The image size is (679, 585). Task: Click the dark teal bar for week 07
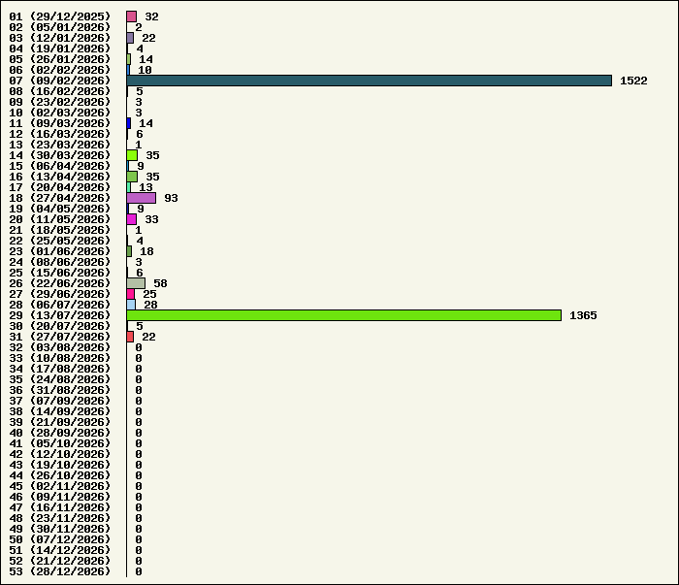370,81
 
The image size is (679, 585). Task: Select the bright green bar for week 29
344,315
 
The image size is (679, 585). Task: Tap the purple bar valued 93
142,198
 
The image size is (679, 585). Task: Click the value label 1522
633,81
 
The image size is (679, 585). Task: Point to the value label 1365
583,315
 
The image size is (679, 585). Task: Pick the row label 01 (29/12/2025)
60,16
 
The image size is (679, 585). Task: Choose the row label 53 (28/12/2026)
60,571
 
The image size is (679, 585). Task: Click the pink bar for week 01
132,16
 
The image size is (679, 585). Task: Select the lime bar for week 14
132,155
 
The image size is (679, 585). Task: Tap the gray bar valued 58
136,283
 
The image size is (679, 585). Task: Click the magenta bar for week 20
132,219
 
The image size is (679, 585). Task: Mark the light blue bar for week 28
131,305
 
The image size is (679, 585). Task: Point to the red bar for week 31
130,337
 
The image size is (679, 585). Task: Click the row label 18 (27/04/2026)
60,198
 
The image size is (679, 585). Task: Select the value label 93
171,198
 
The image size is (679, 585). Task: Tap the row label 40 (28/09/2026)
60,433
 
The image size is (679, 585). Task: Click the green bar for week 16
132,177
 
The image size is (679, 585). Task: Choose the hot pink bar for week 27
131,294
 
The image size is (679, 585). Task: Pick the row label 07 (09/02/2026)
60,81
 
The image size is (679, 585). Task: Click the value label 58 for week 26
160,283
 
